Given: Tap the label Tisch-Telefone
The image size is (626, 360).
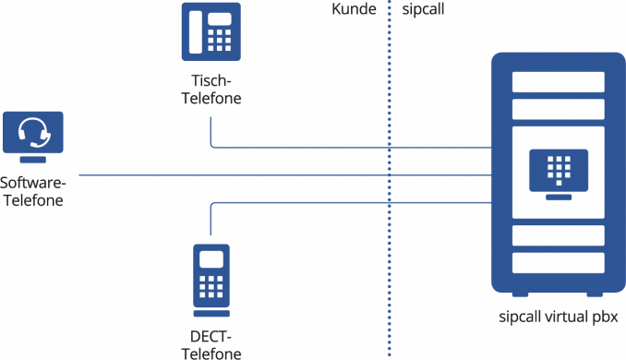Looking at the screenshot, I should click(x=211, y=91).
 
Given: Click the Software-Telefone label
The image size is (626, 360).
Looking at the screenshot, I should click(x=32, y=189).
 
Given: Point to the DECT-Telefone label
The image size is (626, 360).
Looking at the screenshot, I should click(x=211, y=344).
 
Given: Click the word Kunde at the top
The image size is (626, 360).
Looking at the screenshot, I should click(x=354, y=9).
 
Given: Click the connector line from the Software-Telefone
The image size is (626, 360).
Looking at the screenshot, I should click(x=277, y=175).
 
